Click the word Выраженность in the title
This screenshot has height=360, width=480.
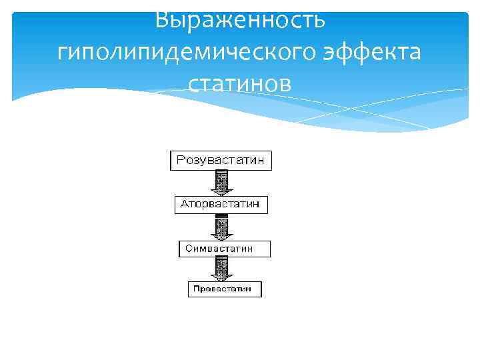pos(240,20)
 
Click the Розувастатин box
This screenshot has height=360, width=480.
pos(221,161)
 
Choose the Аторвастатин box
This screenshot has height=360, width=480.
pos(221,204)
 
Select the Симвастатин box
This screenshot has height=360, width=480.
pos(225,249)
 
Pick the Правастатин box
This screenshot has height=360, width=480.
pos(224,289)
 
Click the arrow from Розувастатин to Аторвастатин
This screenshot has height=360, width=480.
pos(221,181)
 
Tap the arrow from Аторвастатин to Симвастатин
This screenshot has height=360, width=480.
pos(221,227)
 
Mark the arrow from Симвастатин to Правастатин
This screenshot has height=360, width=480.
pos(221,269)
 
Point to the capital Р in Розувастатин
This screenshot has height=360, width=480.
pos(179,161)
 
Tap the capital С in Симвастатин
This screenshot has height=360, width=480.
pos(188,249)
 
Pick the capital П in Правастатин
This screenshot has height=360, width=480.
pos(195,289)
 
